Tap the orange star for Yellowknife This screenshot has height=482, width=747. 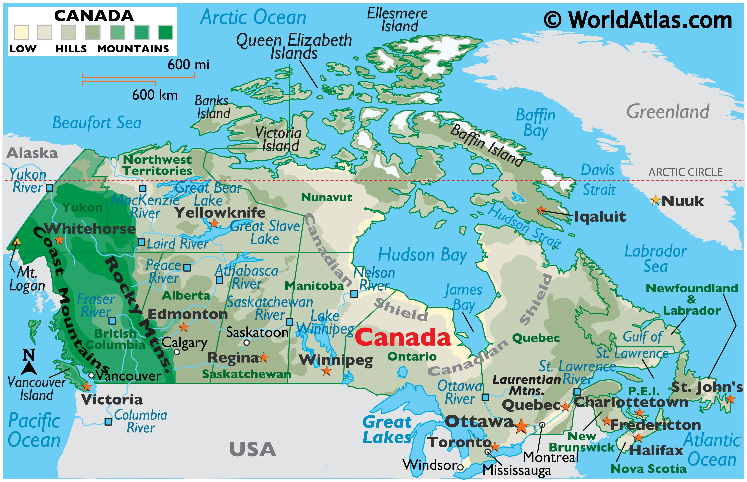(214, 223)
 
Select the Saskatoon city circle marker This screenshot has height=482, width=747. (247, 342)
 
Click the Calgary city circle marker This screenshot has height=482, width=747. (177, 352)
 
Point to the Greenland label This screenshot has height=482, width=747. (667, 112)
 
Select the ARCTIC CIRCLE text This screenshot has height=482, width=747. (685, 172)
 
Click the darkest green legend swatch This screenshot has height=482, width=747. (165, 32)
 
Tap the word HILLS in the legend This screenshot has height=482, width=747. (71, 49)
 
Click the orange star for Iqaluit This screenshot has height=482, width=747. (541, 210)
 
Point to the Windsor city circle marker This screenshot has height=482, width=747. (460, 467)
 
